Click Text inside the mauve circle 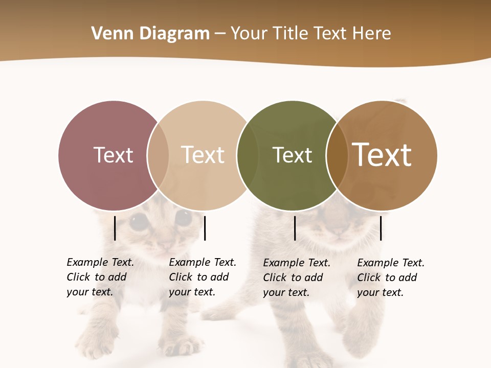[x=113, y=155]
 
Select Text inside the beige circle [x=203, y=155]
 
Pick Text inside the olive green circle [x=292, y=155]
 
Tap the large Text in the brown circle [x=382, y=155]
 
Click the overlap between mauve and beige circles [x=158, y=155]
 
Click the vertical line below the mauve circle [x=115, y=228]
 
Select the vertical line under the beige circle [x=205, y=228]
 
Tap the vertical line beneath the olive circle [x=295, y=228]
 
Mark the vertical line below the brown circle [x=381, y=228]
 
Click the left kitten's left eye [x=139, y=221]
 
